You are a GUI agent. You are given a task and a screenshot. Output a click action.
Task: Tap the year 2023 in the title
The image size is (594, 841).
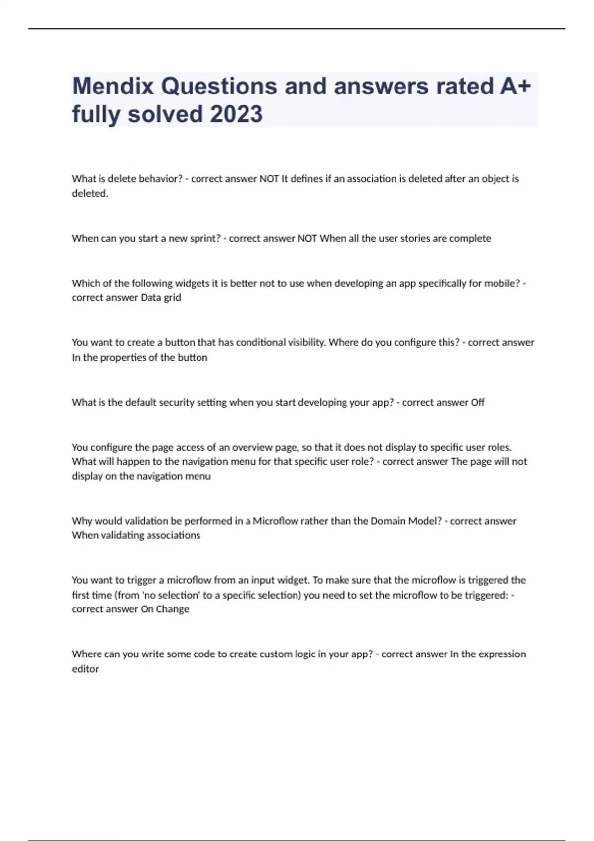tap(236, 114)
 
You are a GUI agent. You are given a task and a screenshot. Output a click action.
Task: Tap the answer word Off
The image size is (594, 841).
tap(477, 402)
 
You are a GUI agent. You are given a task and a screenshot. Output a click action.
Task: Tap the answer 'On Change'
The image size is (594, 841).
tap(165, 609)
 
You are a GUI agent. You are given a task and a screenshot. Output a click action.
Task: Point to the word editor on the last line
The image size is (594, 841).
tap(85, 669)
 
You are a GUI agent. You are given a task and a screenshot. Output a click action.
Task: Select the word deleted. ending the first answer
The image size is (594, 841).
tap(90, 193)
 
